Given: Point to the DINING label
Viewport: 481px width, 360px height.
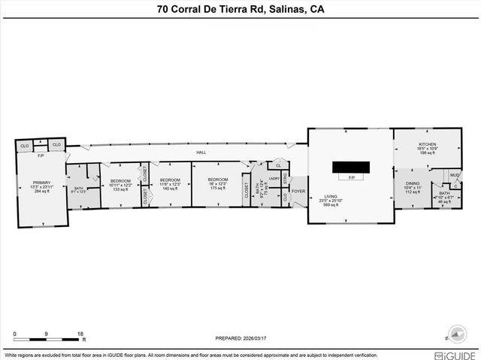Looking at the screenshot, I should [x=413, y=183].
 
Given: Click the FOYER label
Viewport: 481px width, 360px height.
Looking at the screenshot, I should [x=298, y=191].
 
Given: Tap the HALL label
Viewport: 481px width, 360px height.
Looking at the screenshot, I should [x=201, y=153].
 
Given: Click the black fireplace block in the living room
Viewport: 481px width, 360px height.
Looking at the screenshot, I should [x=351, y=166].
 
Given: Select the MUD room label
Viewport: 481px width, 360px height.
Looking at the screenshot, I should [x=455, y=175].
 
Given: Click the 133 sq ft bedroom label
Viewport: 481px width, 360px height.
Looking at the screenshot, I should [x=121, y=181].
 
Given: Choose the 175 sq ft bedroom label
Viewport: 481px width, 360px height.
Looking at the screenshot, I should [x=218, y=181].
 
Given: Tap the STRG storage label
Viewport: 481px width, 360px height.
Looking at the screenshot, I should [x=286, y=178].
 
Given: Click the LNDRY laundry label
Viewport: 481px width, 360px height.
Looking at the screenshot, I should [x=274, y=178].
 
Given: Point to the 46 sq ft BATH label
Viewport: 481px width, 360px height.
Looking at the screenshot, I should [x=444, y=193].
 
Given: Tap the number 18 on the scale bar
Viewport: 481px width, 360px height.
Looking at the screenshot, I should [x=80, y=333].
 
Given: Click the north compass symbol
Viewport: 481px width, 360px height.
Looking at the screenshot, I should [x=455, y=333].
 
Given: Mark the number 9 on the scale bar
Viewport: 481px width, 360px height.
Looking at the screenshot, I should [x=47, y=333].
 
